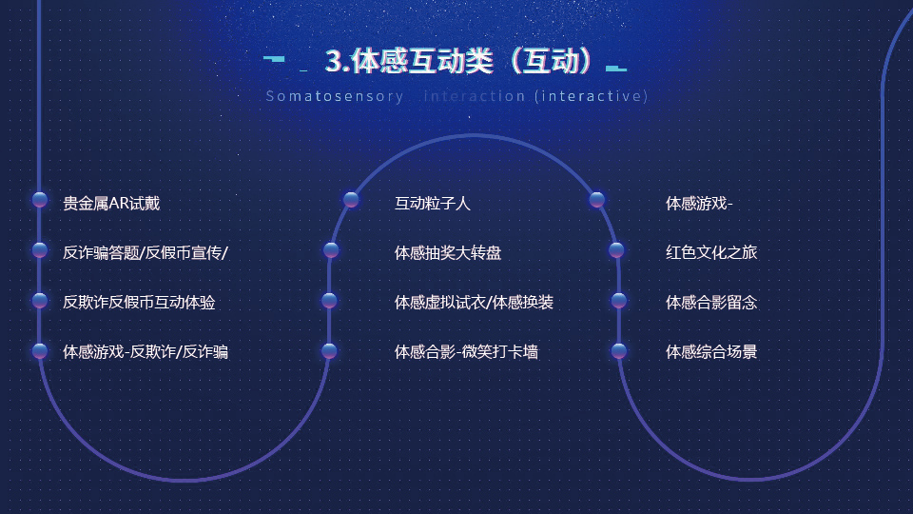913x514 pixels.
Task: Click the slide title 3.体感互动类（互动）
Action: [458, 61]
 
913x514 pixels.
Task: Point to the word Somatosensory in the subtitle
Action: [335, 96]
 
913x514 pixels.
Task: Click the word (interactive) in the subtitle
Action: [591, 96]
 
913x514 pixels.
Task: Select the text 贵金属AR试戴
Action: [111, 204]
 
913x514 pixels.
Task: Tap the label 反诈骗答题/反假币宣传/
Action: [146, 253]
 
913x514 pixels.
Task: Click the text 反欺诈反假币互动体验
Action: [139, 303]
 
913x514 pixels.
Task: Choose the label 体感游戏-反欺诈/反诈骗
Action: [146, 352]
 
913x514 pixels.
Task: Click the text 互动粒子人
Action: [432, 204]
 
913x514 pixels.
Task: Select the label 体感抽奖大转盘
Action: [448, 253]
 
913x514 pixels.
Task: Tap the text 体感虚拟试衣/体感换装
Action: [474, 303]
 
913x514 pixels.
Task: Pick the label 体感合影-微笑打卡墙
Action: [466, 352]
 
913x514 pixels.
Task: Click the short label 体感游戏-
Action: [699, 204]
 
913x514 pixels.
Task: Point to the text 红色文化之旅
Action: [711, 252]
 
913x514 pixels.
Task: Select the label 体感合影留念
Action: [711, 303]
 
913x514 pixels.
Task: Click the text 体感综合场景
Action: [711, 352]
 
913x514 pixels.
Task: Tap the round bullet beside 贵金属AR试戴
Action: [40, 200]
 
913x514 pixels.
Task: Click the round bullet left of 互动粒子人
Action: [351, 200]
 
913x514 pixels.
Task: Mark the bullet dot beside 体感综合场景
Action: [619, 351]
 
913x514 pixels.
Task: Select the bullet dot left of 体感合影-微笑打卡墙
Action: [329, 351]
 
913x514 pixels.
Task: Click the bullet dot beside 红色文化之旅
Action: [616, 250]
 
